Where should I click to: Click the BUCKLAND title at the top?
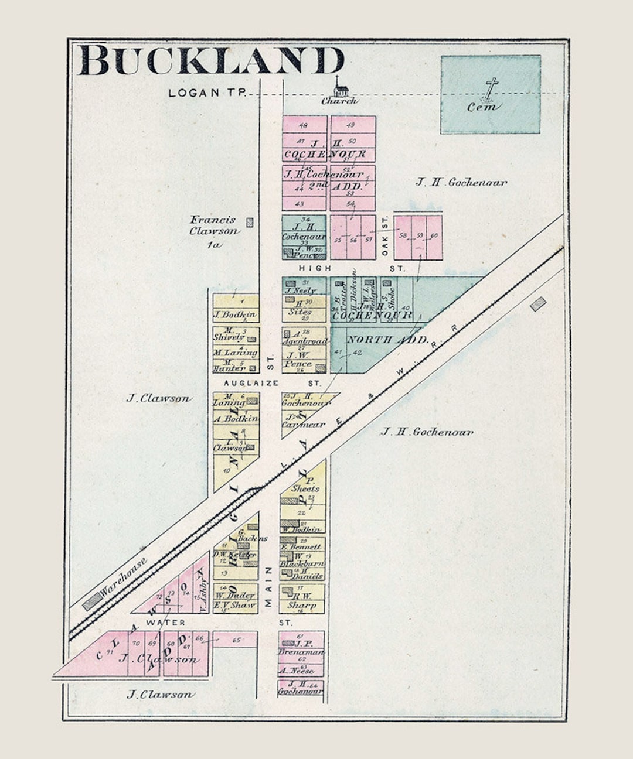(211, 60)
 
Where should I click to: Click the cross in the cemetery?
(491, 88)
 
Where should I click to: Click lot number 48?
(303, 125)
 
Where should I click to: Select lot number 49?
(351, 125)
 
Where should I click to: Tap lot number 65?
(236, 640)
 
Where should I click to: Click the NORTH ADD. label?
(387, 340)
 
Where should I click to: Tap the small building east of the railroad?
(537, 303)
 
